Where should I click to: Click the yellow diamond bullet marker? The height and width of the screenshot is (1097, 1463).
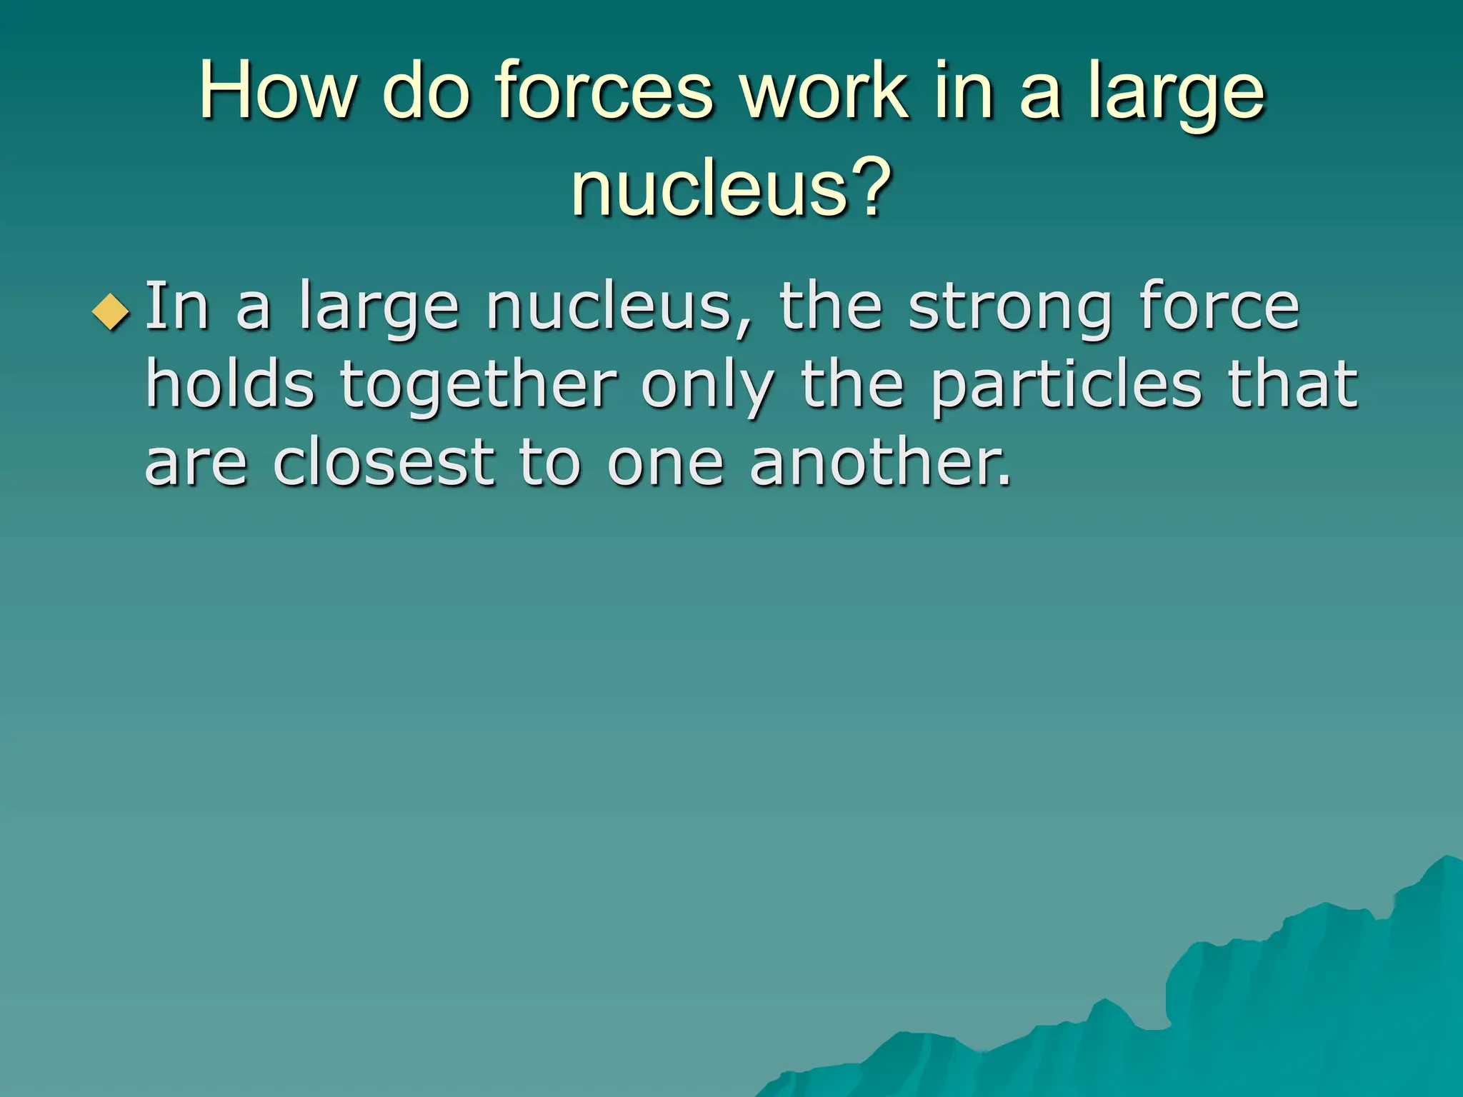[x=111, y=312]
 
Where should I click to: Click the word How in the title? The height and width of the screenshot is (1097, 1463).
[x=276, y=91]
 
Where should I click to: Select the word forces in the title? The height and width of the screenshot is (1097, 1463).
[x=604, y=91]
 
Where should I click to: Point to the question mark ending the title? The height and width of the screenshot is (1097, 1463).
[x=874, y=187]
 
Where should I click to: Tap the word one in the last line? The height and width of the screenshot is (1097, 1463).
[x=665, y=465]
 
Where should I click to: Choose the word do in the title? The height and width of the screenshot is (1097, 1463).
[x=426, y=91]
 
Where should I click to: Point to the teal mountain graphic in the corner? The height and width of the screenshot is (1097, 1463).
[x=1250, y=1000]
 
